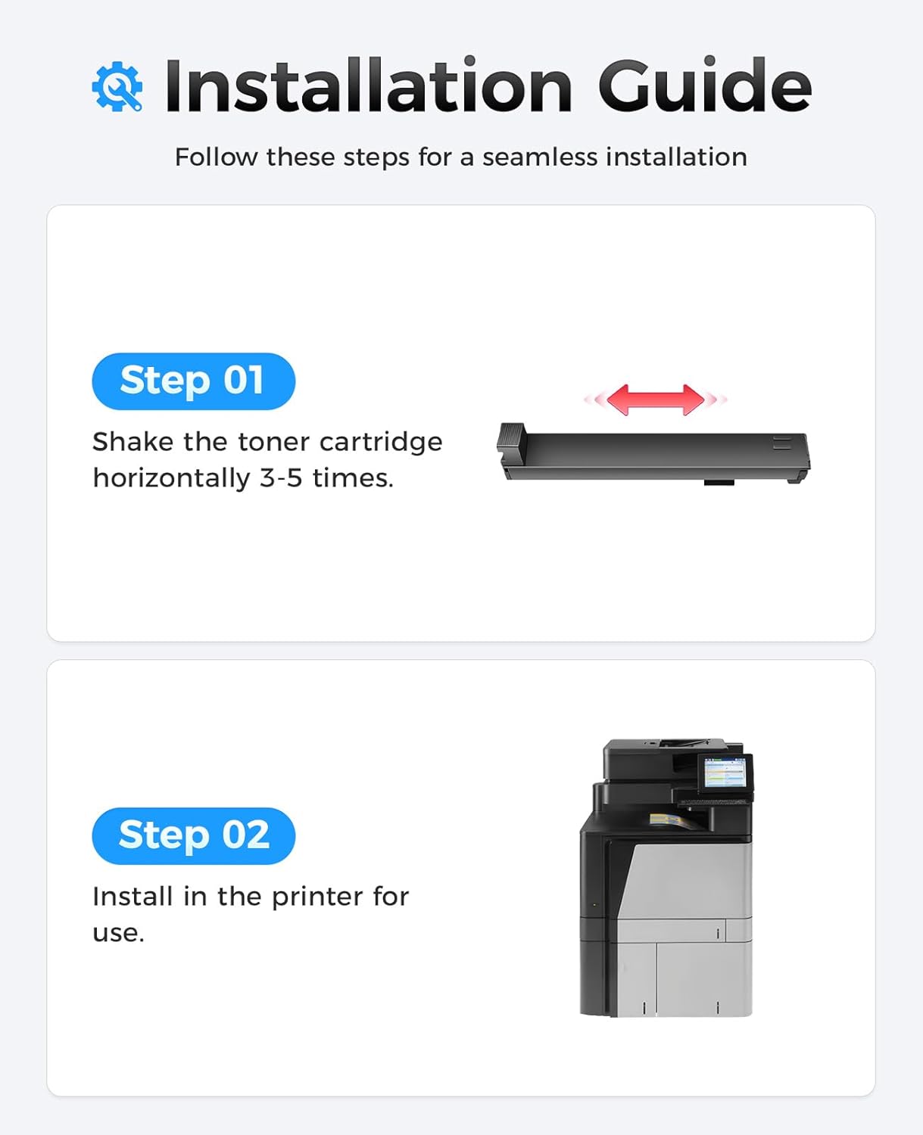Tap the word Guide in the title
coord(704,86)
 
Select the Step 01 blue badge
coord(193,381)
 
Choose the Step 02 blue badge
coord(193,835)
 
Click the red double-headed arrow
coord(655,400)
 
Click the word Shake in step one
coord(133,442)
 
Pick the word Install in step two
coord(133,897)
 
